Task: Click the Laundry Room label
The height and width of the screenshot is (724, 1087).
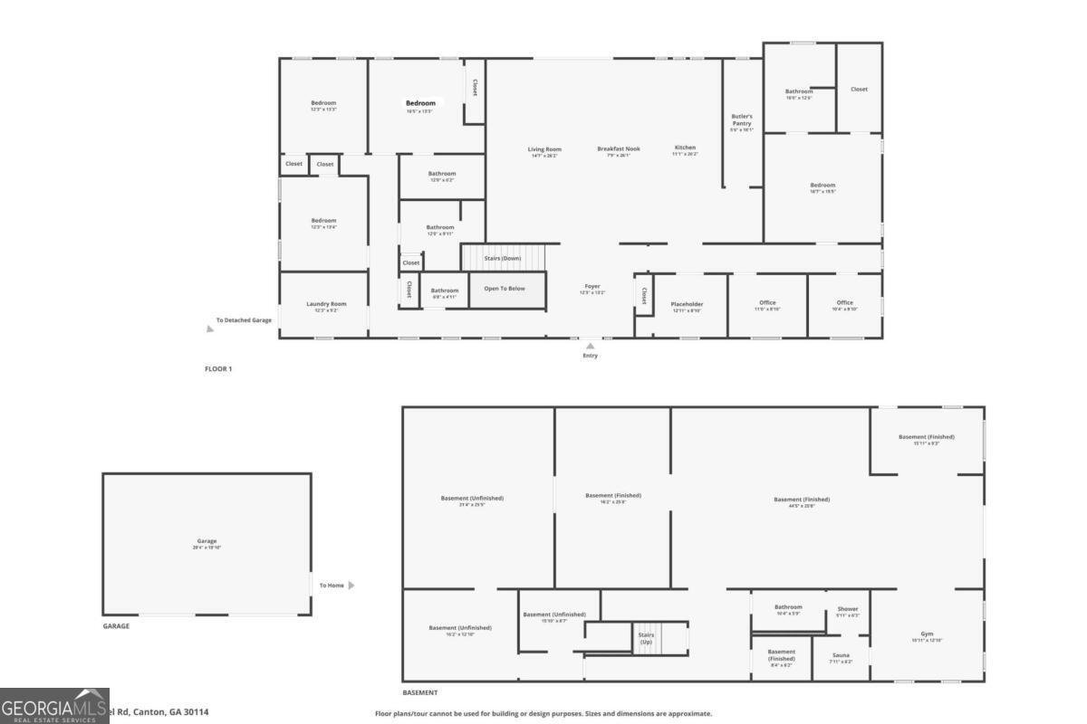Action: [326, 304]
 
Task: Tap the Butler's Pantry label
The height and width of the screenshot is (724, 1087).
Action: [742, 119]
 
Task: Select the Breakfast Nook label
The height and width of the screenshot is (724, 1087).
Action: [619, 148]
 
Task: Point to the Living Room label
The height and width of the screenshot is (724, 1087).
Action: [544, 149]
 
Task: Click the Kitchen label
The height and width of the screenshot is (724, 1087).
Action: [685, 148]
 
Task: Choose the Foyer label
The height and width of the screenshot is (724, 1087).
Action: [592, 287]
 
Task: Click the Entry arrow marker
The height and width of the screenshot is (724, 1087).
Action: [591, 345]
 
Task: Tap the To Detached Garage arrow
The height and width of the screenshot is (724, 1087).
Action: [210, 329]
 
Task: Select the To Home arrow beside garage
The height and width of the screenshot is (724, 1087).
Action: [351, 586]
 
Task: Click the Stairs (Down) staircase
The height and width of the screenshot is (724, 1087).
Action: [504, 258]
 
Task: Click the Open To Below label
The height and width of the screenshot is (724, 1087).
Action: [505, 289]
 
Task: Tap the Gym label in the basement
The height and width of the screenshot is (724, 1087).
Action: [927, 633]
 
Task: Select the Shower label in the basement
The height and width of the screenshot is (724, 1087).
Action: [848, 609]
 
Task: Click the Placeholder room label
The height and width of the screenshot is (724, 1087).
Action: [687, 304]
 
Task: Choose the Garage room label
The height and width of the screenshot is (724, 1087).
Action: [207, 541]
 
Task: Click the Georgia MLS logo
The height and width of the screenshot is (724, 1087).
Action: [54, 706]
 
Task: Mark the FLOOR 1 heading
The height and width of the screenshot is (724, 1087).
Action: [218, 369]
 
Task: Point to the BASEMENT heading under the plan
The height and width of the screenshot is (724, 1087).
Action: [420, 693]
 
